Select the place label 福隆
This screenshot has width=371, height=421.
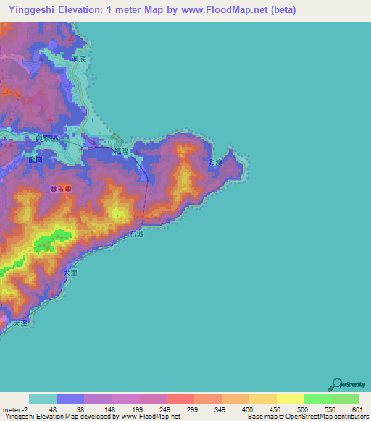click(x=121, y=150)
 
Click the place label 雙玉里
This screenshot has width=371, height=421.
click(x=60, y=190)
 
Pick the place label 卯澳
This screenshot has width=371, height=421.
click(x=214, y=163)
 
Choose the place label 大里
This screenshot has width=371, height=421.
click(x=70, y=273)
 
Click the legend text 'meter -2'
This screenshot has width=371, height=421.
click(x=14, y=409)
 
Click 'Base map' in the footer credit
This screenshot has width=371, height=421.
click(x=262, y=417)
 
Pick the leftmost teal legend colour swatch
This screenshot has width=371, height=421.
click(x=43, y=399)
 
